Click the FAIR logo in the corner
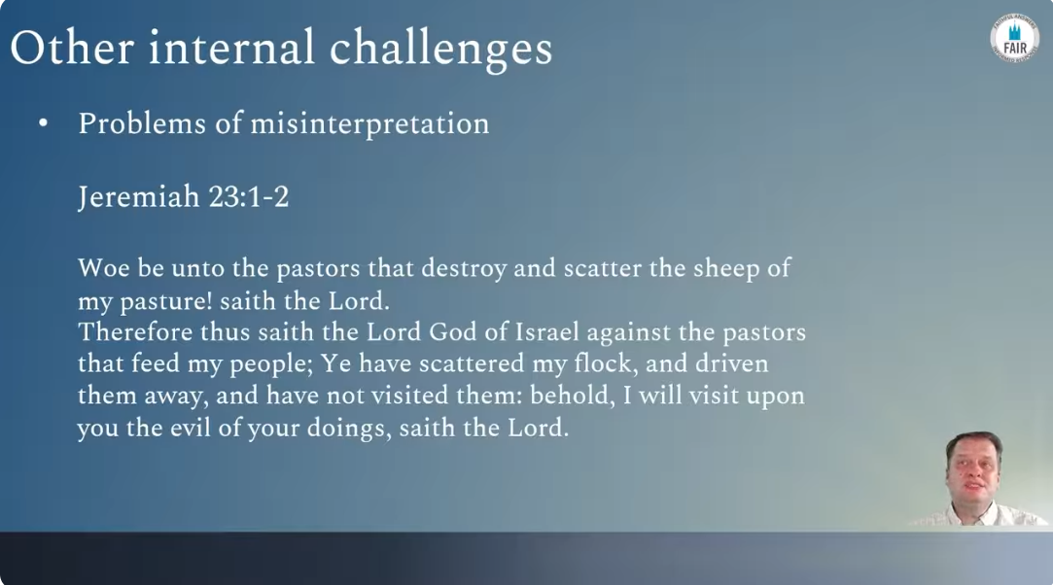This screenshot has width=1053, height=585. pos(1015,39)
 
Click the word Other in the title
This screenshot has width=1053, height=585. pos(72,48)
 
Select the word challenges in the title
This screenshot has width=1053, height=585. pos(440,50)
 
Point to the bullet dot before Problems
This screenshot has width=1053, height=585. pos(44,123)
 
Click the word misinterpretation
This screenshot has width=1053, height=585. pos(370,124)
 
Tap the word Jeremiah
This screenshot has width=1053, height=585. pos(139,197)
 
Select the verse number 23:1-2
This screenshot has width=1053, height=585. pos(249,196)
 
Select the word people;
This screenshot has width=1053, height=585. pos(272,364)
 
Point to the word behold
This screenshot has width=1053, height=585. pos(569,396)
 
